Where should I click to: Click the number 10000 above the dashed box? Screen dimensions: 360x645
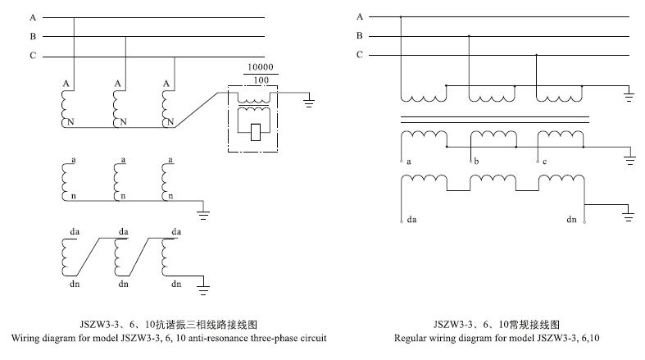260,66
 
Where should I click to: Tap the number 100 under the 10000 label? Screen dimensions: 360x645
260,80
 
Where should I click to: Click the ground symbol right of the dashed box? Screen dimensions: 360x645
309,103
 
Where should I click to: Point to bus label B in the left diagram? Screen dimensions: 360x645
33,36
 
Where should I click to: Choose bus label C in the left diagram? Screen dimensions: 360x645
33,56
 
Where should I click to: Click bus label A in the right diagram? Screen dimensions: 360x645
359,16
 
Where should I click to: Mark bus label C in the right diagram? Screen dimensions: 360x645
359,55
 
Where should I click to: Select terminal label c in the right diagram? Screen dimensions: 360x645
545,162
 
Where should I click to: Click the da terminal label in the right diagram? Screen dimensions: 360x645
411,220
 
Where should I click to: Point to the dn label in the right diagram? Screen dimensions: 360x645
572,220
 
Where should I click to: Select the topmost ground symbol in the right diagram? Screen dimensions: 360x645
628,96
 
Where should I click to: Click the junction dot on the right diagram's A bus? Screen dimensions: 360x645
401,16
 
